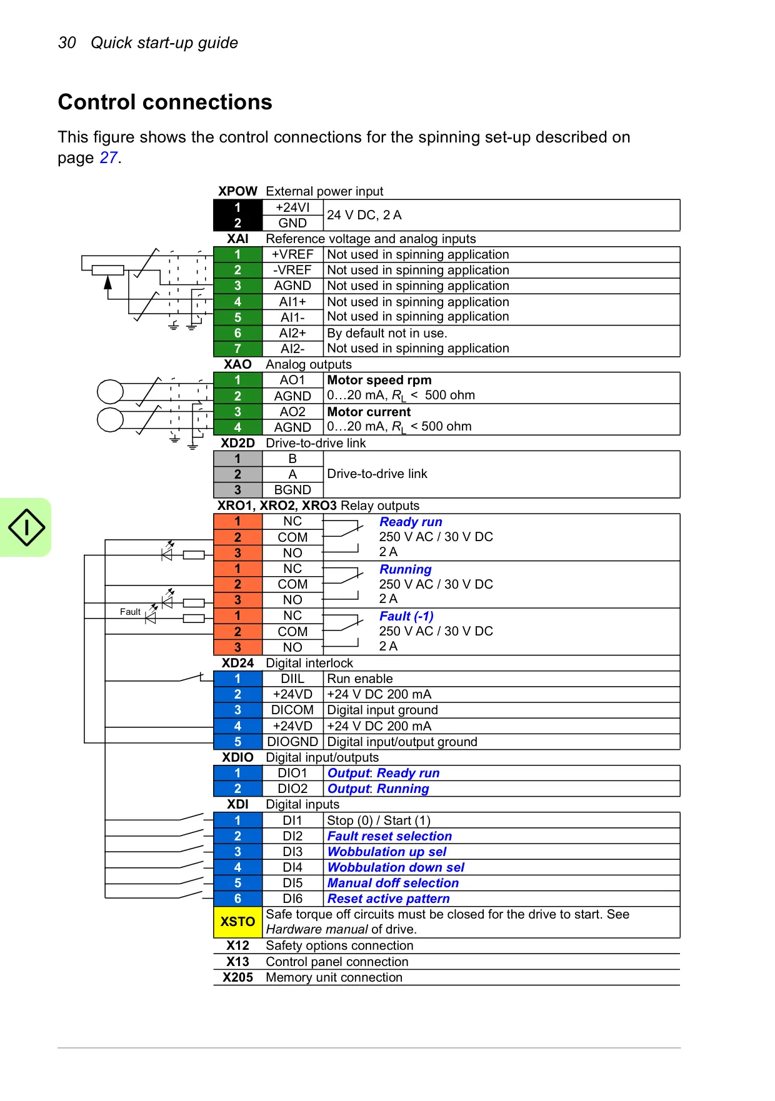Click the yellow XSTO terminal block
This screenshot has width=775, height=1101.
click(237, 922)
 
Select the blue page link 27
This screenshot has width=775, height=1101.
click(109, 157)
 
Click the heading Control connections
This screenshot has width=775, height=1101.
click(165, 102)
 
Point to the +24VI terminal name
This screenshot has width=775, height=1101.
click(292, 207)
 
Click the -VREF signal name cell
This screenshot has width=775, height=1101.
click(292, 270)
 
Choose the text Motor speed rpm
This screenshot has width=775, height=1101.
click(379, 380)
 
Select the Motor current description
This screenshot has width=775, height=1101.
click(369, 412)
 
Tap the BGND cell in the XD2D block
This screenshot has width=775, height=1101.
click(292, 490)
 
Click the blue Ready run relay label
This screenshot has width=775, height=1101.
click(411, 522)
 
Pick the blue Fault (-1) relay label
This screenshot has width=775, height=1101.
click(406, 616)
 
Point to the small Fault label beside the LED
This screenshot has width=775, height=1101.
click(130, 612)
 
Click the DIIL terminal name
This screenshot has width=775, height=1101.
click(292, 679)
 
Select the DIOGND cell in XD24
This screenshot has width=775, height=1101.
click(292, 742)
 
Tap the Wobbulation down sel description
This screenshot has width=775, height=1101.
click(396, 867)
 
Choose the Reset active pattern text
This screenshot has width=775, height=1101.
click(389, 899)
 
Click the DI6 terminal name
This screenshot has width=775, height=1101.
click(292, 899)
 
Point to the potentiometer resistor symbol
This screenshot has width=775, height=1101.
click(107, 270)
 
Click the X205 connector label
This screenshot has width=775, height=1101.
click(237, 977)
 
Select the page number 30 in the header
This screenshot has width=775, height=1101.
click(67, 42)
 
